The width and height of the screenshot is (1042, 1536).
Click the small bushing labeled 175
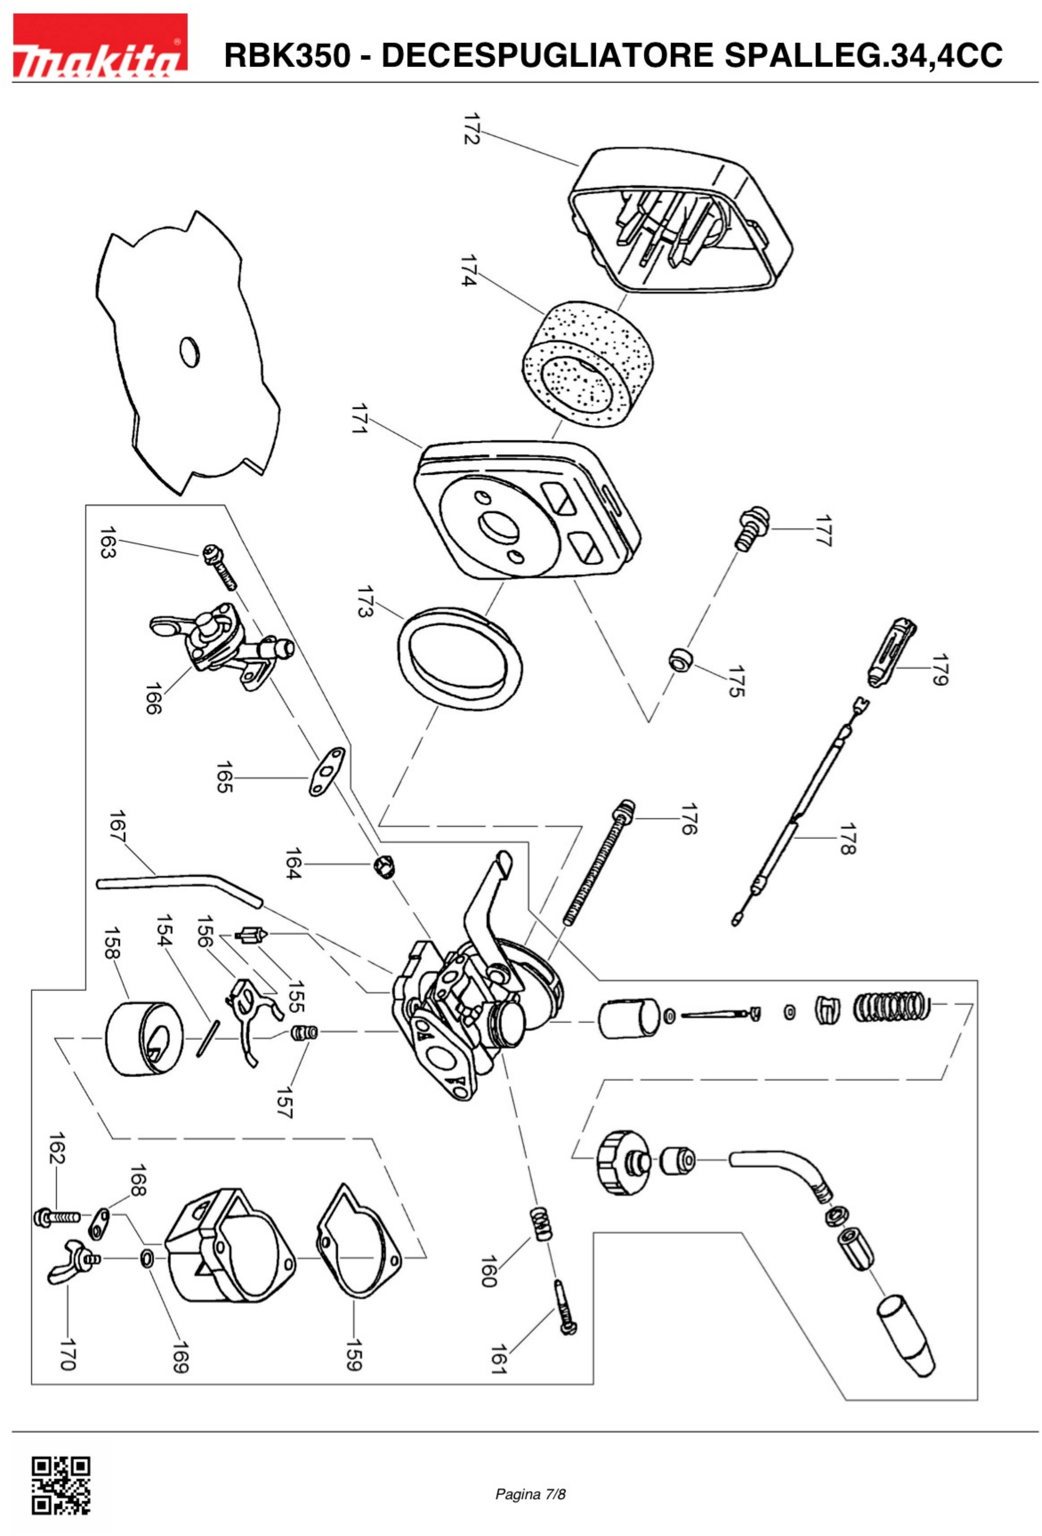(x=679, y=659)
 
